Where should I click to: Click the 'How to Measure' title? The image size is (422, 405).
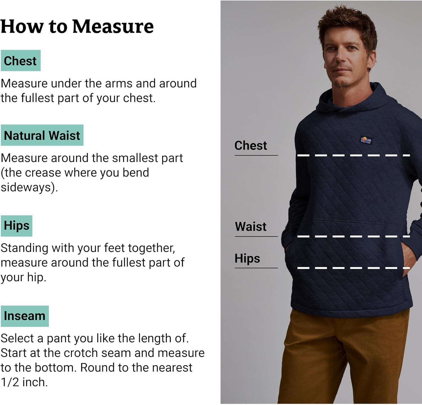(77, 26)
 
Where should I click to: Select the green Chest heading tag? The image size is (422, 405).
(21, 61)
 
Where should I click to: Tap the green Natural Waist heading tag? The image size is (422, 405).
(42, 135)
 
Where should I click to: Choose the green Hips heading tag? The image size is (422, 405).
(16, 226)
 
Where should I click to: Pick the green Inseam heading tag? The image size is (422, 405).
(24, 316)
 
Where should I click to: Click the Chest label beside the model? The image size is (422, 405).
(251, 146)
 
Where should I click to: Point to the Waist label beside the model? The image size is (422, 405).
(251, 227)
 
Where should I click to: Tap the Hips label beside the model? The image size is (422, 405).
(247, 259)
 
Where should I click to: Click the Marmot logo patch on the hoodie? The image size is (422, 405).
(366, 140)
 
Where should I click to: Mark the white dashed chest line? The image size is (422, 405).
(354, 155)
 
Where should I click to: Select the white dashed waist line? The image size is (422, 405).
(354, 236)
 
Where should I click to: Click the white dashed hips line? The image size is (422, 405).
(354, 268)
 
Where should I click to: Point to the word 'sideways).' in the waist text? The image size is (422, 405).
(29, 187)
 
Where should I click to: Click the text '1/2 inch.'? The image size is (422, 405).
(24, 382)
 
